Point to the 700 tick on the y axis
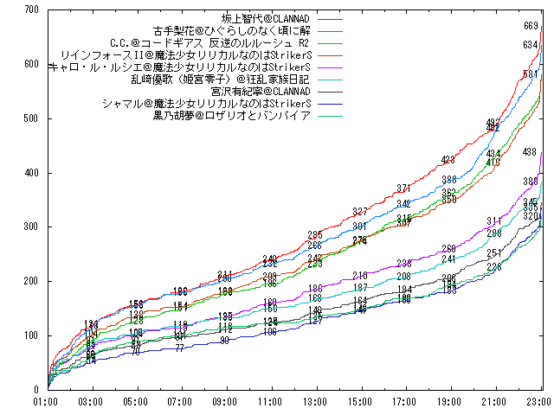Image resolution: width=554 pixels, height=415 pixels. coord(32,10)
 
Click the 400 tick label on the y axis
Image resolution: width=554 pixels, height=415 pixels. coord(32,173)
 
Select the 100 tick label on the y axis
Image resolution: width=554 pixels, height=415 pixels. coord(32,335)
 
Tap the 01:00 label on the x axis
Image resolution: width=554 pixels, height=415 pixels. coord(45,402)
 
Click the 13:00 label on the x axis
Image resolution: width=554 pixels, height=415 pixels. coord(315,402)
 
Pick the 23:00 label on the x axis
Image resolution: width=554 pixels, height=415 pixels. coord(540,402)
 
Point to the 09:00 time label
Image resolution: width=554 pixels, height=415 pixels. coord(225,402)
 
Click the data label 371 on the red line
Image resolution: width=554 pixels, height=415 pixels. coord(403,188)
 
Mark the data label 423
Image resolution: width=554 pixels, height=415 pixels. coord(448,160)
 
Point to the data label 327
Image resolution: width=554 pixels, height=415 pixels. coord(360,212)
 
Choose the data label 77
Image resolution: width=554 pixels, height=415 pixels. coord(179,348)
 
